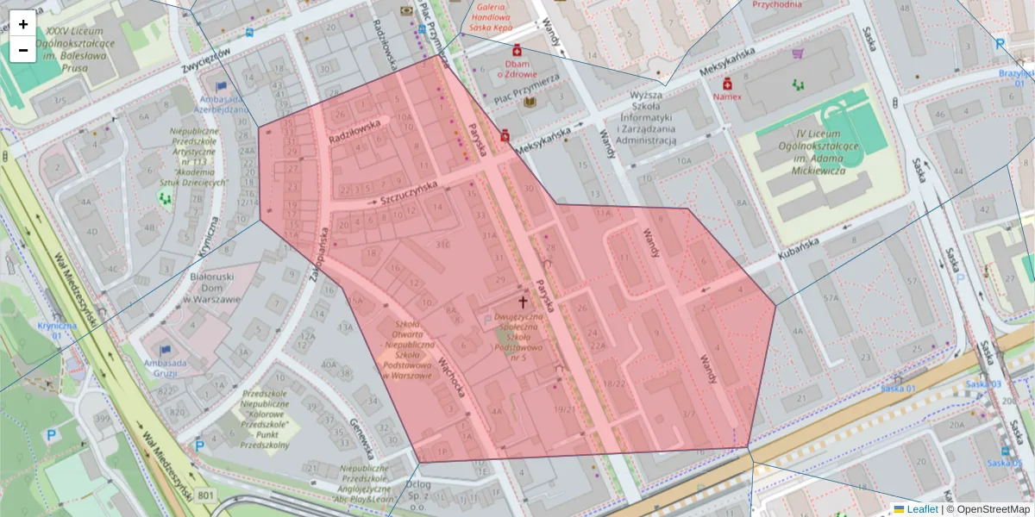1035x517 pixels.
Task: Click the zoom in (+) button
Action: [x=23, y=23]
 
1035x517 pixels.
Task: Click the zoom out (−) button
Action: [x=23, y=50]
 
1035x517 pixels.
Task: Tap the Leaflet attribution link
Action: [x=921, y=509]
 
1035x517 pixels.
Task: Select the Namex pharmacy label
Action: [x=727, y=97]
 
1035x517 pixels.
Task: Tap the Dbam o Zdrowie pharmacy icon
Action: [x=517, y=50]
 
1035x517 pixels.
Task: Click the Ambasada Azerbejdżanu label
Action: [x=221, y=104]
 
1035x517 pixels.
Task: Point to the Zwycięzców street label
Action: [x=209, y=60]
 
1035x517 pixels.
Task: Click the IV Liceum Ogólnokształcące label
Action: [x=815, y=152]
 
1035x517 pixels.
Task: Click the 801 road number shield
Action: [x=205, y=495]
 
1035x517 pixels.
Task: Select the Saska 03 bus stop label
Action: [x=982, y=384]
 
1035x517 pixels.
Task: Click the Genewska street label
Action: [x=361, y=439]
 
